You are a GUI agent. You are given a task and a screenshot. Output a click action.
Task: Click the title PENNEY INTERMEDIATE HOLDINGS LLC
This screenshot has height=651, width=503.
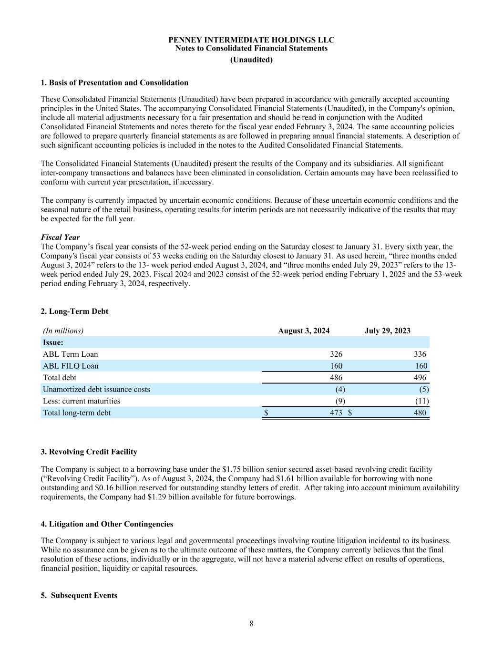tap(251, 40)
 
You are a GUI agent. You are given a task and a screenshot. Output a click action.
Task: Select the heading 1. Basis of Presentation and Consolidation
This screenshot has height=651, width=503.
tap(114, 83)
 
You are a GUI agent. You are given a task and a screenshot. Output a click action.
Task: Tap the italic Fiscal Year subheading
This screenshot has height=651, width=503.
tap(60, 237)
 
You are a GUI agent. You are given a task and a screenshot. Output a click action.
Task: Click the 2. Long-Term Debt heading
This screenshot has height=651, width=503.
tap(74, 311)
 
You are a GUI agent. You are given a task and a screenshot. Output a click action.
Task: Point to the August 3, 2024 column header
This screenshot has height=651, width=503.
tap(304, 331)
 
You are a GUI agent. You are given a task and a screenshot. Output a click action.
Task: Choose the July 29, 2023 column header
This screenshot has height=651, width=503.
tap(387, 331)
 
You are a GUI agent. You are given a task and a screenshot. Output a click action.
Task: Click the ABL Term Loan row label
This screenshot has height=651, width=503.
tap(70, 354)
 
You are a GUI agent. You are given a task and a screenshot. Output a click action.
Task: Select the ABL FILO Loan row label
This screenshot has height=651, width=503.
tap(71, 366)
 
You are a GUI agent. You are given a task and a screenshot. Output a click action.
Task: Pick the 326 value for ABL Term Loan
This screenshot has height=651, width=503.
tap(336, 354)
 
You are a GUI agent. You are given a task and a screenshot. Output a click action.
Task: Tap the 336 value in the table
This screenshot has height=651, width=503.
tap(420, 354)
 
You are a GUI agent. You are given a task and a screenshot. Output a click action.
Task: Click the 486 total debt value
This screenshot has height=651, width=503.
tap(336, 377)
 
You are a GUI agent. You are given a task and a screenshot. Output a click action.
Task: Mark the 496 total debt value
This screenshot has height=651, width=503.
tap(420, 377)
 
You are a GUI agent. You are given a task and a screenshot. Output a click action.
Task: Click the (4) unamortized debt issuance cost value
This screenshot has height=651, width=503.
tap(340, 389)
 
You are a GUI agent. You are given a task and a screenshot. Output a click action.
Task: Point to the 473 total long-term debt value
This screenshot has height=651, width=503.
tap(336, 413)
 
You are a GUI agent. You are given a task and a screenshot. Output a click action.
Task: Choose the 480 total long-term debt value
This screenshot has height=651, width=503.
tap(420, 413)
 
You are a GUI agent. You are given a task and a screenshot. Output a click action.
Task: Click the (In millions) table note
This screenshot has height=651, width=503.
tap(63, 331)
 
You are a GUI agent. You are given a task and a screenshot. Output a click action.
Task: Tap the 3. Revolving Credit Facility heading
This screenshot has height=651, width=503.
tap(89, 452)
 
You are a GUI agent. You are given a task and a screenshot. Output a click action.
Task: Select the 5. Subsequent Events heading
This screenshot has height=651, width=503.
tap(79, 595)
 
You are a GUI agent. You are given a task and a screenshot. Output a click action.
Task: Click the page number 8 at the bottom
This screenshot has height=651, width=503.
tap(251, 623)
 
